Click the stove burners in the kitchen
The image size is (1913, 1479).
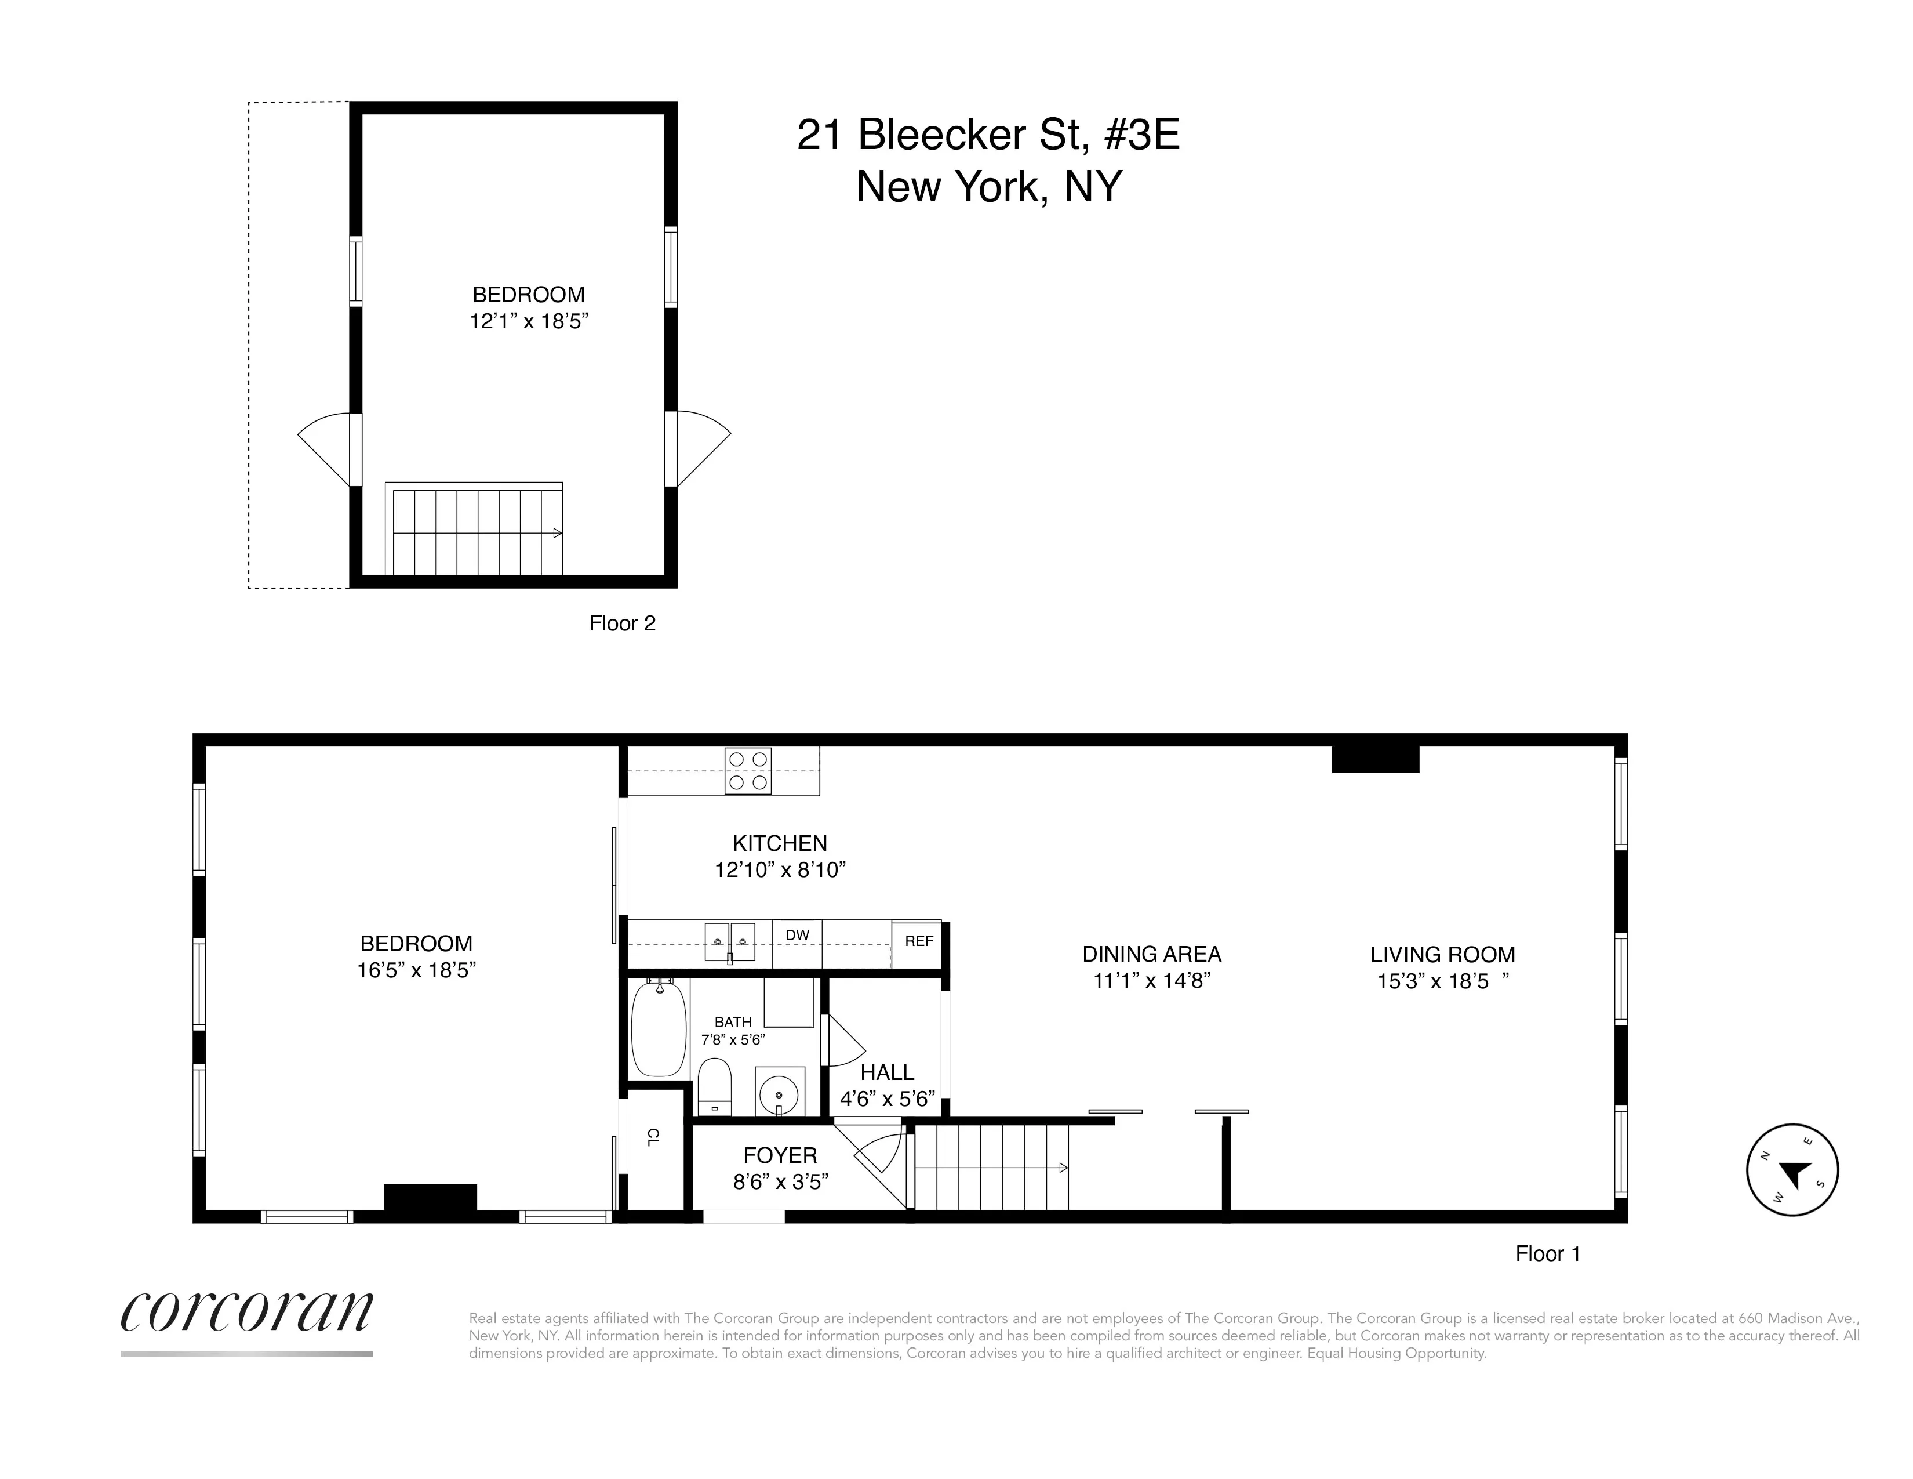click(747, 771)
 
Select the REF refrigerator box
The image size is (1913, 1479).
click(918, 942)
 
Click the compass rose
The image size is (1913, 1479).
click(1792, 1170)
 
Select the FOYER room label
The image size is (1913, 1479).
click(780, 1156)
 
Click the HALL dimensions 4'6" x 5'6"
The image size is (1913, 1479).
click(888, 1099)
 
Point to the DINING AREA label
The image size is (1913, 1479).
click(1151, 954)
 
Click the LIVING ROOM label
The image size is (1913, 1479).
click(1442, 955)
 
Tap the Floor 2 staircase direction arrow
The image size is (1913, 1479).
click(555, 532)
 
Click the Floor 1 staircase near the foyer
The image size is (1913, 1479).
click(990, 1168)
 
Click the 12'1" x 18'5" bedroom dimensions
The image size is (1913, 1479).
click(528, 321)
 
